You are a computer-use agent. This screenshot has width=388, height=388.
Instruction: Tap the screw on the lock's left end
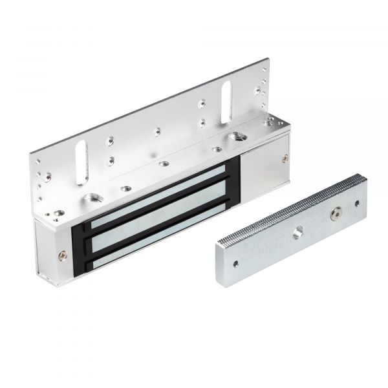62,255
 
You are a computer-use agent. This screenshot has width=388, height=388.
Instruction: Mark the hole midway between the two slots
156,131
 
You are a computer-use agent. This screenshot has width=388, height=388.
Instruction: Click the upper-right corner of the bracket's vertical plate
266,62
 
